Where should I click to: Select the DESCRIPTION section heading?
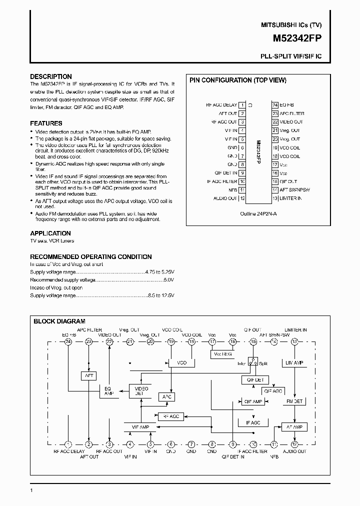coord(51,76)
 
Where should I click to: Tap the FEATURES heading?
coord(46,123)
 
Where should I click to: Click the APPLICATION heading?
coord(50,233)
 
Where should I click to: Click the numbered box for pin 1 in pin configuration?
coord(242,105)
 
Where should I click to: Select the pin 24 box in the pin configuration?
coord(275,105)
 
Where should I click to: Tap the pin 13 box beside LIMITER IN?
coord(275,198)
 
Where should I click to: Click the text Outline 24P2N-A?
coord(258,212)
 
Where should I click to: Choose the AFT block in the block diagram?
coord(88,375)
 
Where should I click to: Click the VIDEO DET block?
coord(138,390)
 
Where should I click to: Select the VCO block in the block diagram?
coord(181,362)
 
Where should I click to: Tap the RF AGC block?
coord(170,415)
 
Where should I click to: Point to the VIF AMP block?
coord(139,426)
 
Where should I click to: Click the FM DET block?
coord(294,401)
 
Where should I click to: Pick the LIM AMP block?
coord(293,362)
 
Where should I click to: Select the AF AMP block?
coord(294,426)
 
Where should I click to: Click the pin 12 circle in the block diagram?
coord(294,444)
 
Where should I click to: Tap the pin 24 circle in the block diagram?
coord(68,341)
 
